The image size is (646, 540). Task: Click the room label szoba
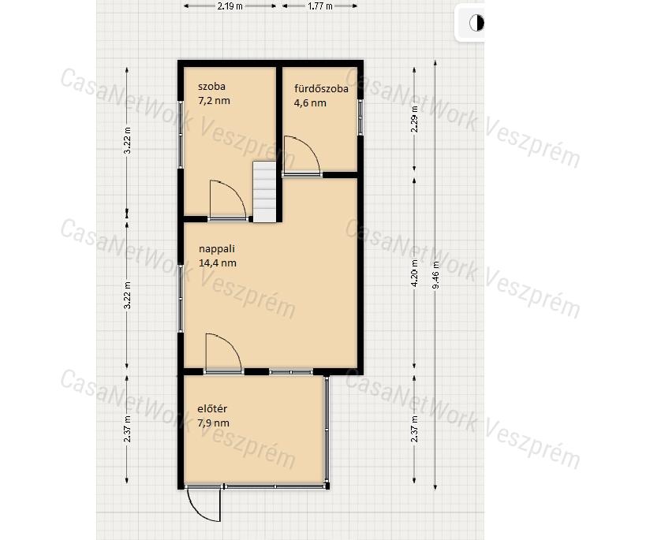(x=211, y=87)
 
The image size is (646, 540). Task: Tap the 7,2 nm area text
(x=214, y=100)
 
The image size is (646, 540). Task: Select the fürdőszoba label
(x=321, y=88)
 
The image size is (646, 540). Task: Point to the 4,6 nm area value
(x=310, y=103)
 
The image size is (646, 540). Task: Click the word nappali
(x=217, y=249)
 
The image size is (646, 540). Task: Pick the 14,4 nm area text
(x=218, y=263)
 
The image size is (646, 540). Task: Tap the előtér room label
(x=212, y=408)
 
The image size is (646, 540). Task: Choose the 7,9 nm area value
(x=213, y=423)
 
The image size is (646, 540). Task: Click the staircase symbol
(x=264, y=192)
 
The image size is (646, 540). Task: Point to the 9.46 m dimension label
(x=436, y=275)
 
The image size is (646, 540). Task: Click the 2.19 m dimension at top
(x=230, y=6)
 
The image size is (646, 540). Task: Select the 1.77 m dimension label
(x=320, y=6)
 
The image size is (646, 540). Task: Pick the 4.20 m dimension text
(x=415, y=273)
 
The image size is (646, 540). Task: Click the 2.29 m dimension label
(x=415, y=119)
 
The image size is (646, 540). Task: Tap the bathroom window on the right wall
(x=360, y=117)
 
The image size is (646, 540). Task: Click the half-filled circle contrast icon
(x=476, y=23)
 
